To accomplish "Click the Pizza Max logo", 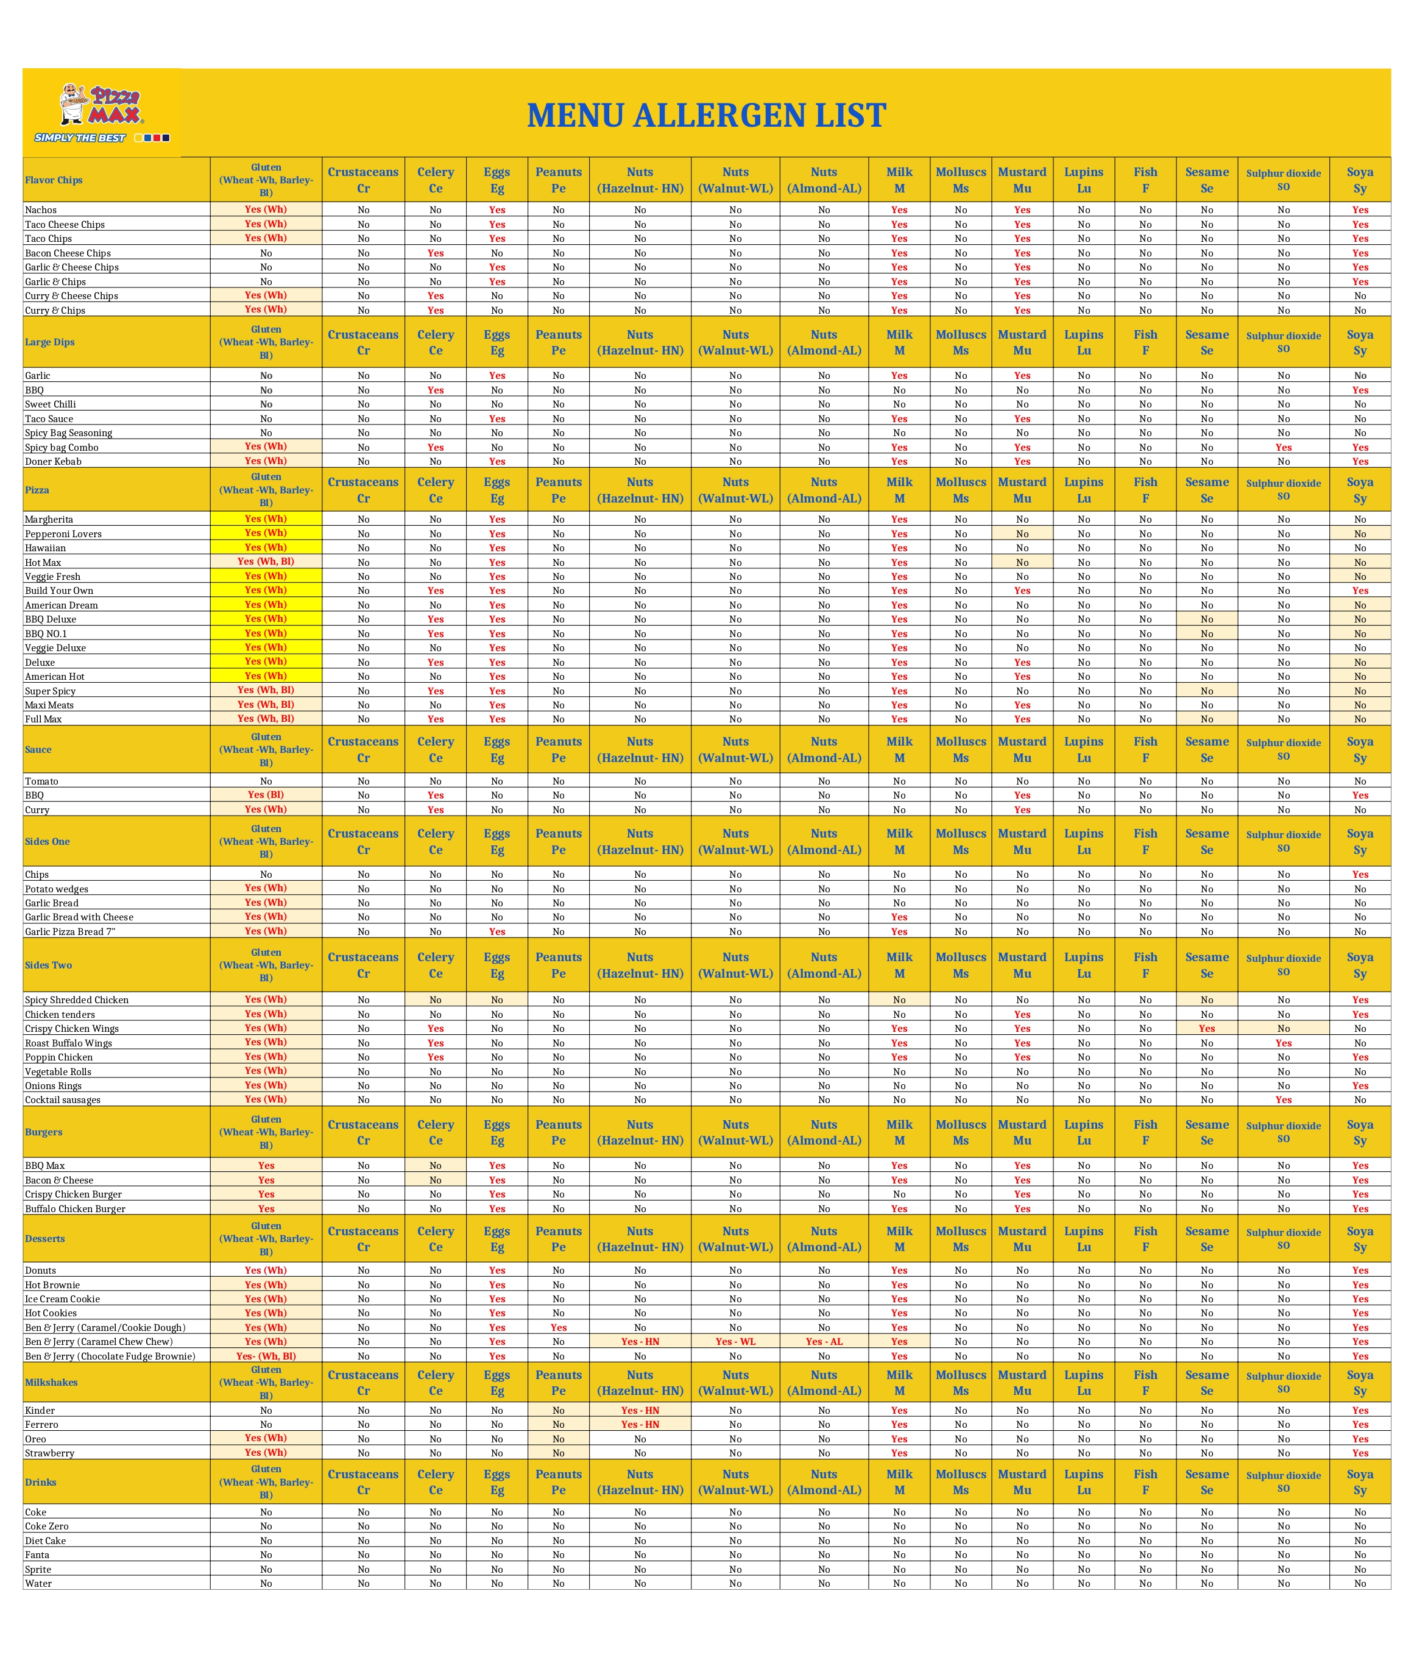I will tap(102, 112).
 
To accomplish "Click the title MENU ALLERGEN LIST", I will tap(706, 115).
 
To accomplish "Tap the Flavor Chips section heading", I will tap(54, 180).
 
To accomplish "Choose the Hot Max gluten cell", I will tap(266, 562).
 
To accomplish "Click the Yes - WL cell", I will tap(735, 1342).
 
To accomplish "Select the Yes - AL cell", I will tap(824, 1342).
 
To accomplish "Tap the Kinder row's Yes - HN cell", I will tap(640, 1411).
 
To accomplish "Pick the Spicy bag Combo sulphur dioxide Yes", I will tap(1283, 447).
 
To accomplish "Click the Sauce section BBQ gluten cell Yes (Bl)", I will tap(266, 795).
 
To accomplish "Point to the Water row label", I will tap(38, 1584).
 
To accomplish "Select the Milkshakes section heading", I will tap(51, 1383).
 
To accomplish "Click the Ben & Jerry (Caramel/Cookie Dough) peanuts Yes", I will tap(558, 1327).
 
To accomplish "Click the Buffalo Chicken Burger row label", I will tap(75, 1209).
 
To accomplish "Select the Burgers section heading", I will tap(43, 1132).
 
